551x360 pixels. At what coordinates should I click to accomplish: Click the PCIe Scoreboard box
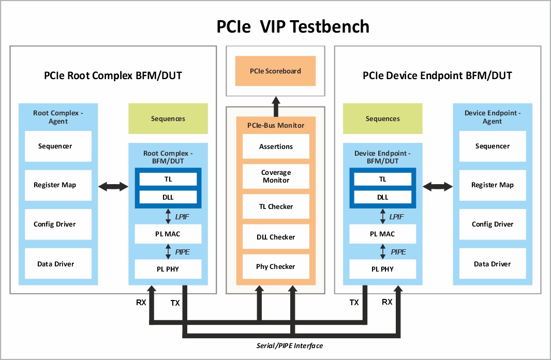[275, 71]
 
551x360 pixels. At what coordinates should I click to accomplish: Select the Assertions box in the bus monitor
[276, 146]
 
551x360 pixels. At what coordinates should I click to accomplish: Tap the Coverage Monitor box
[276, 176]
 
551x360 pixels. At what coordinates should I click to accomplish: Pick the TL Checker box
[276, 206]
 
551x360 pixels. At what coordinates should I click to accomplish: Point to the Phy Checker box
[276, 267]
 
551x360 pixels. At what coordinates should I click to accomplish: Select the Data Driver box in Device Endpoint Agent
[492, 264]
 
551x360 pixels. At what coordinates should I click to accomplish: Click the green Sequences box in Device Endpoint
[382, 118]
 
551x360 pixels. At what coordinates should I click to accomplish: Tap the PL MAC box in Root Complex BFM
[168, 234]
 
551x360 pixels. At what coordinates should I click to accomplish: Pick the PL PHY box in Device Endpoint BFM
[382, 269]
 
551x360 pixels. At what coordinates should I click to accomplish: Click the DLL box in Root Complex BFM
[168, 197]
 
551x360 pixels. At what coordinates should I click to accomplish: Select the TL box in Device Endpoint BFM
[382, 179]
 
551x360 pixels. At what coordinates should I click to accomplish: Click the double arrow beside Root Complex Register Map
[113, 185]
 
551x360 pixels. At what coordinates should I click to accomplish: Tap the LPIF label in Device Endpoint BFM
[396, 217]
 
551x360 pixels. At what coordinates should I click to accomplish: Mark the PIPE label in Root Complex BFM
[182, 252]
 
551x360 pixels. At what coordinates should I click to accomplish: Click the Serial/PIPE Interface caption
[290, 346]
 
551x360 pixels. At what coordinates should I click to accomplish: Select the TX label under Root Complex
[175, 303]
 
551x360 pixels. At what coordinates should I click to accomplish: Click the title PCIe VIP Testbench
[293, 26]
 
